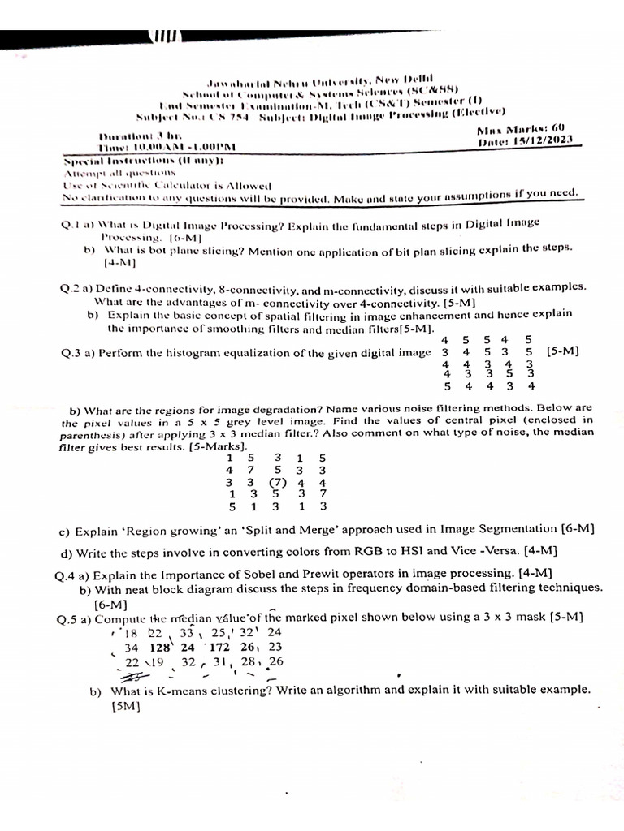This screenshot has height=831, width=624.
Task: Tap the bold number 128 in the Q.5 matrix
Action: (160, 648)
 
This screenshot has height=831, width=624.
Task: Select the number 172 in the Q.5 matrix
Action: (219, 648)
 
